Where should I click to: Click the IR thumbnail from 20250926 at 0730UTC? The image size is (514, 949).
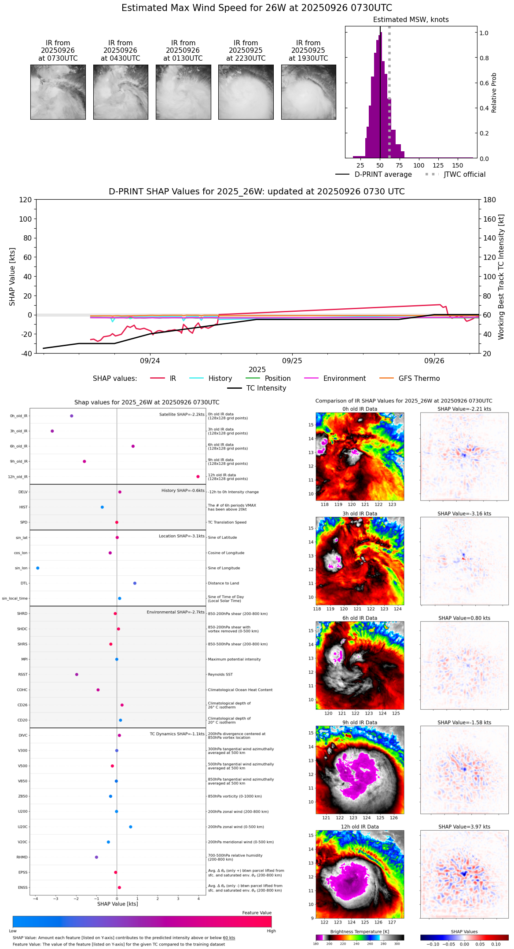(58, 92)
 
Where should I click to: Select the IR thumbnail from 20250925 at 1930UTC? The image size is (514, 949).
(308, 92)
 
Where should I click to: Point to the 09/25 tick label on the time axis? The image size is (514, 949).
(292, 361)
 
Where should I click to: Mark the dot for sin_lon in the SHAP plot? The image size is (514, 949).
(38, 568)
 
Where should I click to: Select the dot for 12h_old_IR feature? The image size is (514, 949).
(198, 477)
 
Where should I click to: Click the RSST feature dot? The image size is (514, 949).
(77, 675)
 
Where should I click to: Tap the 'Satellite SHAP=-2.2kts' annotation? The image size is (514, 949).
(182, 415)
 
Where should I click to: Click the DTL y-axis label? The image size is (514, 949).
(24, 584)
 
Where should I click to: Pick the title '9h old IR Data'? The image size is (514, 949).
(360, 723)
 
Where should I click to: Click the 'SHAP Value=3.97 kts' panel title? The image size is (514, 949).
(464, 827)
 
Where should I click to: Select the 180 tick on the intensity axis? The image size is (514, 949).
(490, 200)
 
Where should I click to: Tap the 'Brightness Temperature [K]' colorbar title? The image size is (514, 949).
(360, 932)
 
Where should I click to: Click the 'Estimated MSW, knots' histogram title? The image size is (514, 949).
(411, 20)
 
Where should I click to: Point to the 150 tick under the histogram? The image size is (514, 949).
(458, 166)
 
